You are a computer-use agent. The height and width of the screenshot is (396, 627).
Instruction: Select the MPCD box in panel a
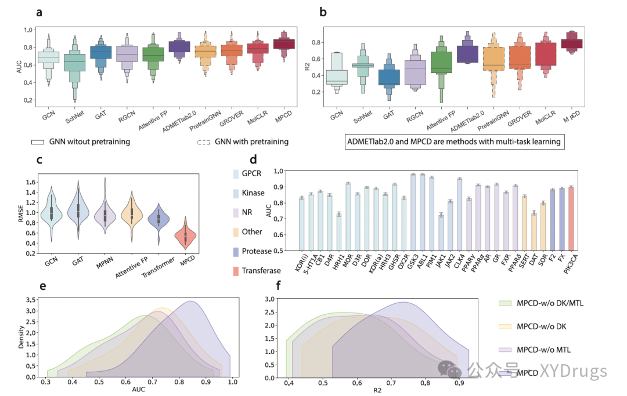click(x=284, y=43)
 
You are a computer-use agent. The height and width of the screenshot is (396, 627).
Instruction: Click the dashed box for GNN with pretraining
click(x=204, y=141)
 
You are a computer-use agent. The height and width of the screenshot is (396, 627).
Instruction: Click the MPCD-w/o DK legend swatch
click(x=504, y=326)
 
